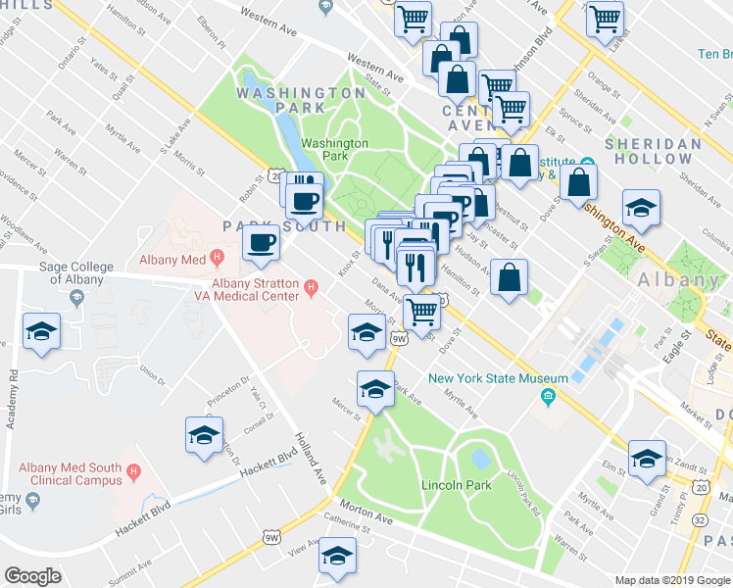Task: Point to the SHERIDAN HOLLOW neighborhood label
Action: pos(654,151)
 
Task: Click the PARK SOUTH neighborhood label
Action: pos(284,226)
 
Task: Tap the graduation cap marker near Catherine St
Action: pos(337,555)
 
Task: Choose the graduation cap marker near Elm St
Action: pos(647,459)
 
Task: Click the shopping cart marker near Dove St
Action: pos(421,312)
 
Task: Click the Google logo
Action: pos(33,575)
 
